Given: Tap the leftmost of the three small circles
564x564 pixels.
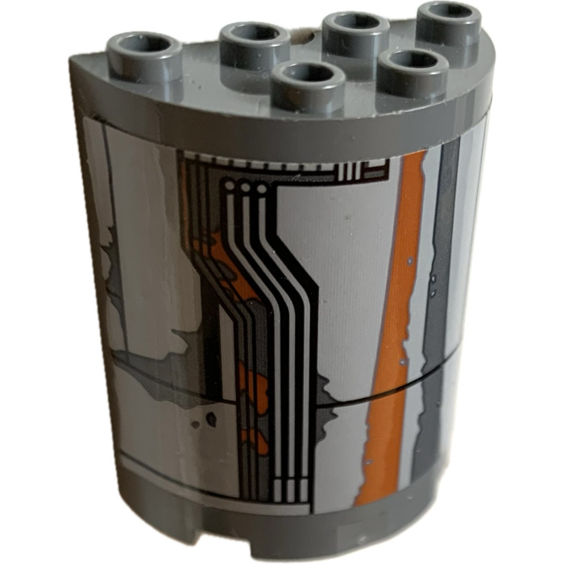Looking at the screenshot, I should pos(230,186).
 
